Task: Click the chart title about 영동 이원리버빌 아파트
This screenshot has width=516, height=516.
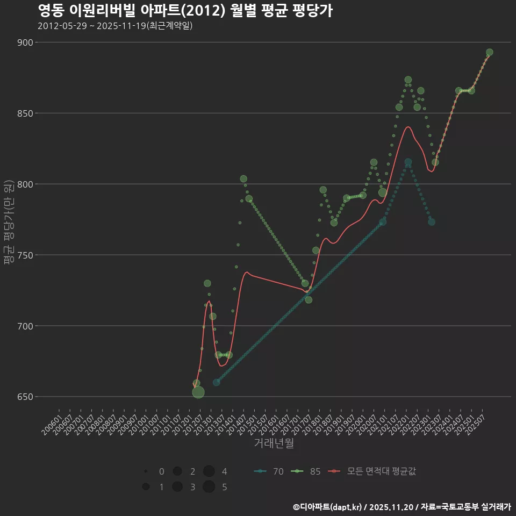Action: pos(185,11)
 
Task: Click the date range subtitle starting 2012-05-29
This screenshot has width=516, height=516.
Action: pos(115,26)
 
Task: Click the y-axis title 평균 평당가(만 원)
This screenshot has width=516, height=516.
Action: pos(9,221)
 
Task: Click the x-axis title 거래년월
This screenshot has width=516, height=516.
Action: pos(274,443)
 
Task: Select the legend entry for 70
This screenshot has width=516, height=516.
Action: pos(269,471)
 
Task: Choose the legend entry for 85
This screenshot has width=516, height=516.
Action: pos(306,471)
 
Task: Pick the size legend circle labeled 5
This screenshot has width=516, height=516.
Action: pos(209,487)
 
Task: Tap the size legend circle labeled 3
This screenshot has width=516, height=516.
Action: pos(177,487)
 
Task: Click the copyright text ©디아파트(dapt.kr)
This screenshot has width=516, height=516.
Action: pos(328,507)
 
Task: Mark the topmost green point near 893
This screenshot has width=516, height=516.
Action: pos(489,53)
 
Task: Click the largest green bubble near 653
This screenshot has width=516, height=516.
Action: pos(198,392)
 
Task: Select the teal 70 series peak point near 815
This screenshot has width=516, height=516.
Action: pos(408,162)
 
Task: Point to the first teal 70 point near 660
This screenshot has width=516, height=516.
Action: pos(216,382)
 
